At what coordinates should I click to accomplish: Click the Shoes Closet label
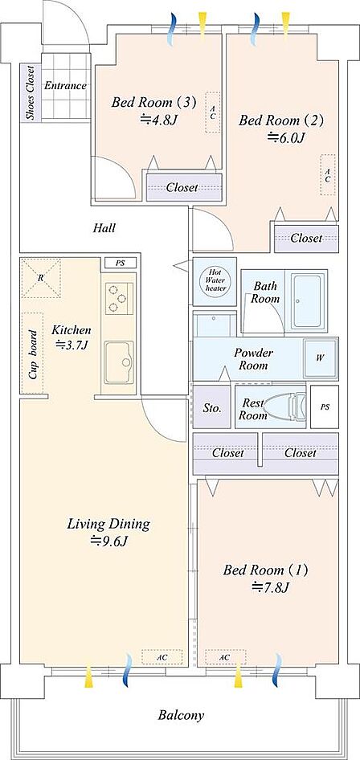coord(30,92)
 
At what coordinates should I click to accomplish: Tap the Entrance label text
coord(65,86)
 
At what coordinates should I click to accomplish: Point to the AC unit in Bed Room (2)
coord(328,175)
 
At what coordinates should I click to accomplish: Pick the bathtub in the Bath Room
coord(308,301)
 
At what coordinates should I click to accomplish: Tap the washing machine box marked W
coord(321,358)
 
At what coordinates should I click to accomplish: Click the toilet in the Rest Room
coord(285,407)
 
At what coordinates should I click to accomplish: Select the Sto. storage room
coord(211,407)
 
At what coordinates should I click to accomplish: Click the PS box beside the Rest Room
coord(324,407)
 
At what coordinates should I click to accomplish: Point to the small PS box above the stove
coord(121,264)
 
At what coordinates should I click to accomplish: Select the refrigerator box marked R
coord(41,278)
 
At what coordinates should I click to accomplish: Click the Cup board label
coord(33,355)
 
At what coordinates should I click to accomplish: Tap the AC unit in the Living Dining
coord(162,656)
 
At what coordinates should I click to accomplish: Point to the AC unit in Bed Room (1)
coord(224,657)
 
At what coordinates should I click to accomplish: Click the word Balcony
coord(181,715)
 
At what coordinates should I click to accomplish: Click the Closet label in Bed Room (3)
coord(182,187)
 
